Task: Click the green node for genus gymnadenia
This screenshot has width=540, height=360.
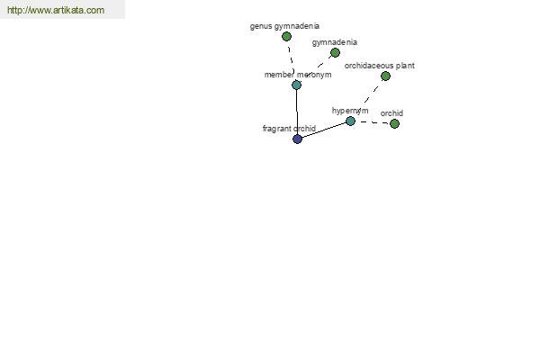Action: pyautogui.click(x=286, y=36)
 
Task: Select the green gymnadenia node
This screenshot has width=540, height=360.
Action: pyautogui.click(x=335, y=53)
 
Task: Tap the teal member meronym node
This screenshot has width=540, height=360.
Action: pyautogui.click(x=296, y=85)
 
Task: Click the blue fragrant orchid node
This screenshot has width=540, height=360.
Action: pyautogui.click(x=297, y=139)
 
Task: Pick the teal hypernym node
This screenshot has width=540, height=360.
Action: pyautogui.click(x=350, y=121)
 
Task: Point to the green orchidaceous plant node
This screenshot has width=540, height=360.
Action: pyautogui.click(x=386, y=76)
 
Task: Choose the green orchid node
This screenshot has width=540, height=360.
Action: pyautogui.click(x=395, y=123)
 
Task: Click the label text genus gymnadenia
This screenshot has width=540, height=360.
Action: pyautogui.click(x=284, y=26)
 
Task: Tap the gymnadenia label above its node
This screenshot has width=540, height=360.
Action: pyautogui.click(x=335, y=42)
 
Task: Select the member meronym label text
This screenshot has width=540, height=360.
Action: pyautogui.click(x=298, y=75)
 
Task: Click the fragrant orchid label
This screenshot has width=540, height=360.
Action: pyautogui.click(x=289, y=129)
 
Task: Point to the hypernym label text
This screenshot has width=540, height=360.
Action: pyautogui.click(x=350, y=111)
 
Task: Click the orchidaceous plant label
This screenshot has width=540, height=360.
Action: pyautogui.click(x=380, y=66)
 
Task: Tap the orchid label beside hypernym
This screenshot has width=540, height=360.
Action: pyautogui.click(x=391, y=113)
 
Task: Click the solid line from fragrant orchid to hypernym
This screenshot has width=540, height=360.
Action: pyautogui.click(x=324, y=130)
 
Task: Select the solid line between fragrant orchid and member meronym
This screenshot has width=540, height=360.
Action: pyautogui.click(x=297, y=112)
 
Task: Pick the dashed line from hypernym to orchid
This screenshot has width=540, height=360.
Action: pyautogui.click(x=373, y=122)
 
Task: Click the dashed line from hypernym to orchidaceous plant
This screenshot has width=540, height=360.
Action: pyautogui.click(x=368, y=98)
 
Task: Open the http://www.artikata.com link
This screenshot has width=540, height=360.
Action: pyautogui.click(x=56, y=10)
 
